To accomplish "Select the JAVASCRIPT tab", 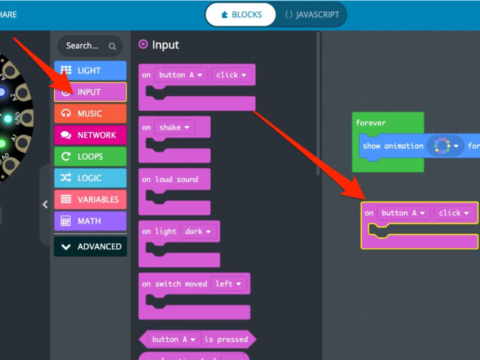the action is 312,14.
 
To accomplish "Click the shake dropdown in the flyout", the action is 174,127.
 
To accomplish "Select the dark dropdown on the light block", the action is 199,231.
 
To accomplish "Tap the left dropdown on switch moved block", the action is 229,283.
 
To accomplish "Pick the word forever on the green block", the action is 370,123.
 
